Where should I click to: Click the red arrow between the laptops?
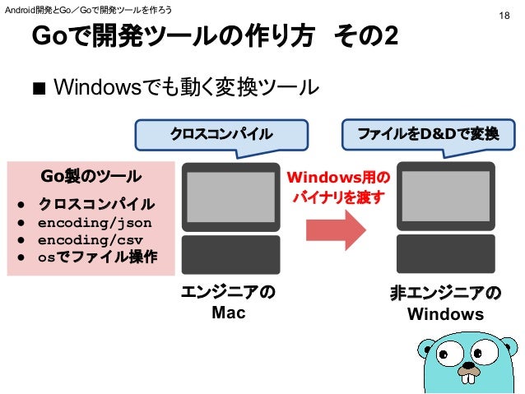click(338, 229)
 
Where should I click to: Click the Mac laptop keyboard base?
click(230, 254)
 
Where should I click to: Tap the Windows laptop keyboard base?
click(445, 254)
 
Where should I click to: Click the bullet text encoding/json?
click(95, 221)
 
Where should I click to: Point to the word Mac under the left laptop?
click(229, 313)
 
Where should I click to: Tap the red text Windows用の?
click(338, 178)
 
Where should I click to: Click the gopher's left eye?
click(447, 356)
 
